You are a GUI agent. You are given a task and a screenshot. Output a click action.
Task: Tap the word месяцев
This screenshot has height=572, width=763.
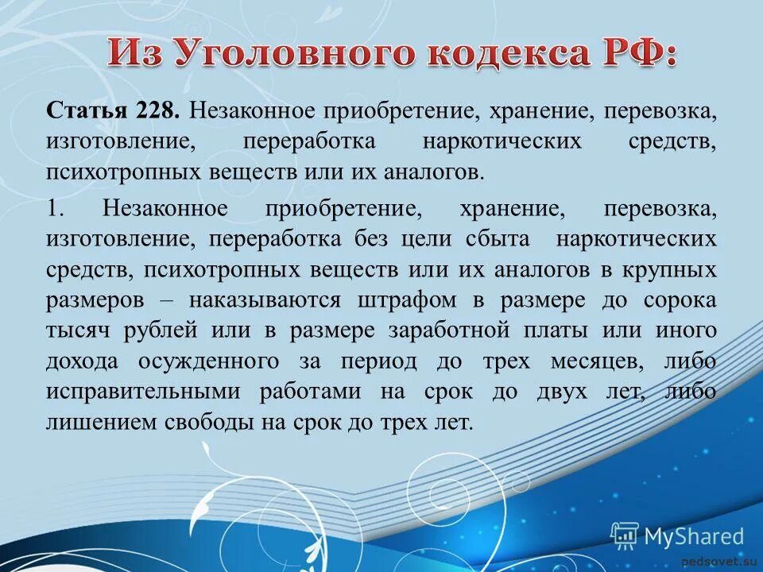point(591,361)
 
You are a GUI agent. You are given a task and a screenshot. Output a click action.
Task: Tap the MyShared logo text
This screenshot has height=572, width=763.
point(694,536)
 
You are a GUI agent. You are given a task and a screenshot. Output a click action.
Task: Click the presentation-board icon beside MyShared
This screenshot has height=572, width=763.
point(625,536)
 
